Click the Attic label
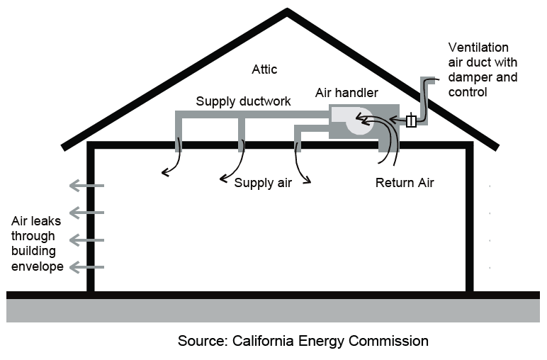pyautogui.click(x=264, y=69)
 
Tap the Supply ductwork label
pyautogui.click(x=243, y=101)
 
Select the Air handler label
pyautogui.click(x=346, y=93)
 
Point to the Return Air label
pyautogui.click(x=404, y=182)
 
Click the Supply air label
pyautogui.click(x=264, y=183)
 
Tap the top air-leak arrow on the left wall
pyautogui.click(x=86, y=186)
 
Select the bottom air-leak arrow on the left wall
pyautogui.click(x=86, y=267)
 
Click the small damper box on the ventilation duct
pyautogui.click(x=411, y=121)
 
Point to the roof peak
pyautogui.click(x=287, y=11)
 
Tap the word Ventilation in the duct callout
pyautogui.click(x=478, y=47)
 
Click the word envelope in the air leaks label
pyautogui.click(x=38, y=266)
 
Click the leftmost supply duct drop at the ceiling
pyautogui.click(x=178, y=135)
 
